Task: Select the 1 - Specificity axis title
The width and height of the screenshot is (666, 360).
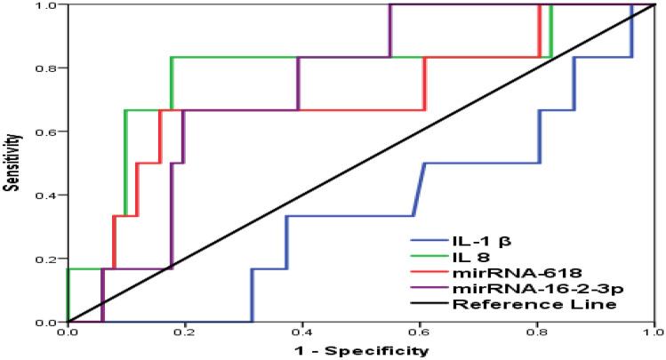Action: point(362,350)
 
